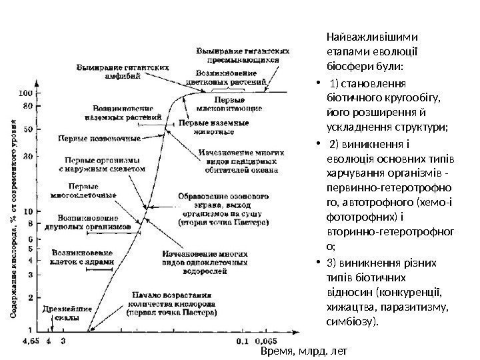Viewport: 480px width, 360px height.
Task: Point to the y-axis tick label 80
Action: [28, 105]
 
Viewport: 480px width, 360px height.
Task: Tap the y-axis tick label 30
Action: [28, 155]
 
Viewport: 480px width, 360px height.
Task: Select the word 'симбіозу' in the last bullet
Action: [352, 322]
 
